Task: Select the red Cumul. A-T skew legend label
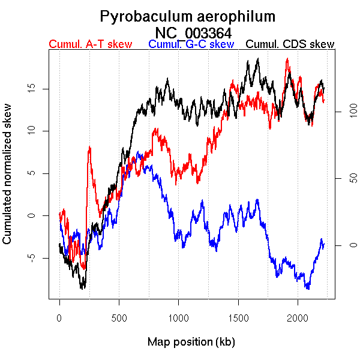[x=91, y=44]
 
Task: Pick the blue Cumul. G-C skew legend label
[x=191, y=44]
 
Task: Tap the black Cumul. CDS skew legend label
[x=290, y=44]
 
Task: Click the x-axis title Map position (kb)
[x=191, y=342]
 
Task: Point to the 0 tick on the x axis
[x=59, y=317]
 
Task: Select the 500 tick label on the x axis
[x=119, y=317]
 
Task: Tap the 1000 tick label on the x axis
[x=178, y=317]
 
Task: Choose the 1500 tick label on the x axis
[x=238, y=317]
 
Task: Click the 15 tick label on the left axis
[x=34, y=88]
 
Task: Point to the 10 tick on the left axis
[x=34, y=131]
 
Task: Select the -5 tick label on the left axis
[x=34, y=257]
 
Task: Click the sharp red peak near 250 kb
[x=89, y=147]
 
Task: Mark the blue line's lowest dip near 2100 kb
[x=308, y=289]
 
